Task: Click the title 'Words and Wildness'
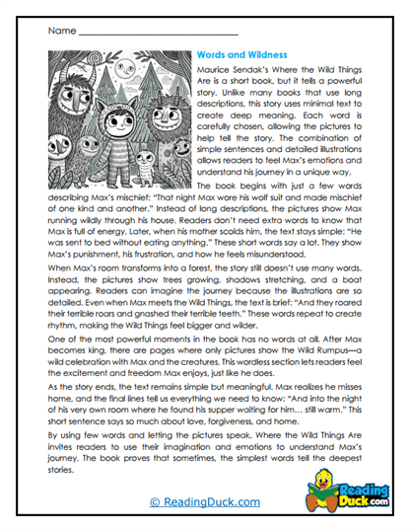point(241,55)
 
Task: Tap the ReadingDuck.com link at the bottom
point(204,502)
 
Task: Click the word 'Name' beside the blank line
point(61,32)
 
